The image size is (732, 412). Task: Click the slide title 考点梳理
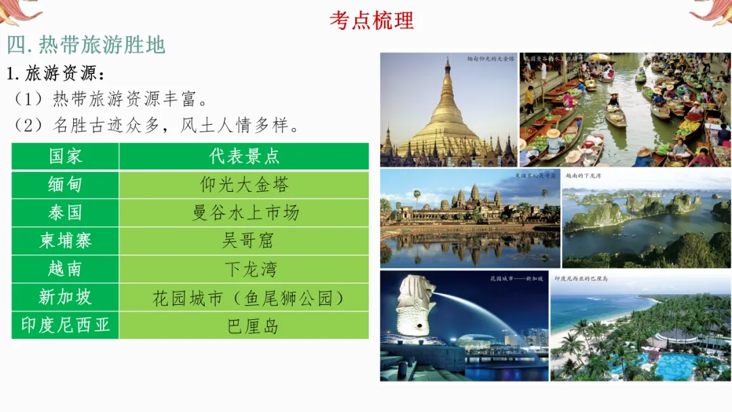[371, 20]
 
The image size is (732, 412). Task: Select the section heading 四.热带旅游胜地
[86, 45]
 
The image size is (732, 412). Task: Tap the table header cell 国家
[65, 157]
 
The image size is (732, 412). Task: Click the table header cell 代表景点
[244, 157]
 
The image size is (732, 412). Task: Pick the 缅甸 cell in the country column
[65, 184]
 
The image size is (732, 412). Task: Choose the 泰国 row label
[65, 213]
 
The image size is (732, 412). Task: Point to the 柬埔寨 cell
[65, 241]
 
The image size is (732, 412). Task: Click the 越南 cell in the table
[65, 269]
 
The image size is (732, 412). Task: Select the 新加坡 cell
[65, 297]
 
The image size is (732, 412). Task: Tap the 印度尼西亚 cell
[65, 325]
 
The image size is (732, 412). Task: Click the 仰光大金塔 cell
[244, 184]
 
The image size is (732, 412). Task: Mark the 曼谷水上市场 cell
[244, 213]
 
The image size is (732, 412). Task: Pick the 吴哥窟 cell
[244, 241]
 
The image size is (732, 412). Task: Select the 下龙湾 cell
[244, 269]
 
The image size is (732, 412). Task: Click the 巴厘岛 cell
[244, 325]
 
